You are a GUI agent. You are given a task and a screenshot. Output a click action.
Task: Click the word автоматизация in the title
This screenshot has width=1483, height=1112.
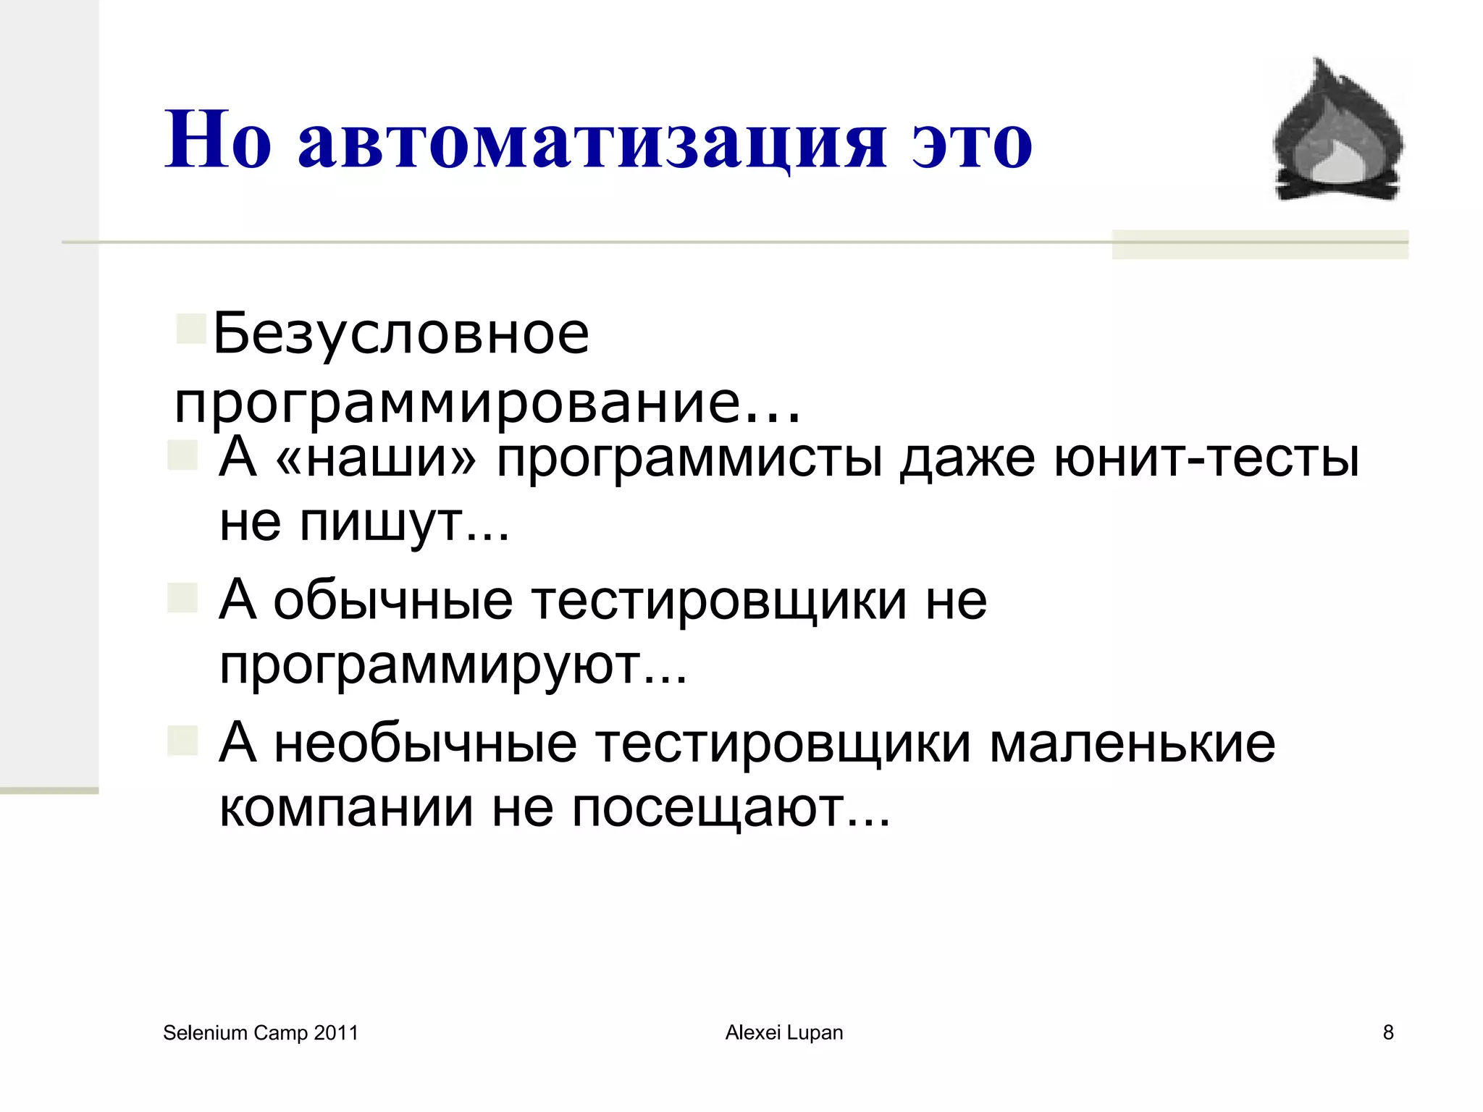pos(592,141)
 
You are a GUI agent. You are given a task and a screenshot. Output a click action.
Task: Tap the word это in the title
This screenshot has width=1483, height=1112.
pos(972,141)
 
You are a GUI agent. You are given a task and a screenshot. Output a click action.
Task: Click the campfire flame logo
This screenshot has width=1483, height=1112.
pos(1337,130)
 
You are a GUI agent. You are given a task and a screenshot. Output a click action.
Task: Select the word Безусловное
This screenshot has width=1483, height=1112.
pos(401,334)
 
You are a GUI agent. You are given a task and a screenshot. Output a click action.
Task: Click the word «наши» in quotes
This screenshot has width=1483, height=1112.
pos(377,458)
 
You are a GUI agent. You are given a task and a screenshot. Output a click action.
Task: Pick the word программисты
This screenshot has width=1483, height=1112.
pos(689,459)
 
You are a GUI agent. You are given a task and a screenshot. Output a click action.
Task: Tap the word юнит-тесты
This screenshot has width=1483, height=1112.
pos(1206,458)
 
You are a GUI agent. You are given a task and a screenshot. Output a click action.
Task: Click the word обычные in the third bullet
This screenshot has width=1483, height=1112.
pos(393,601)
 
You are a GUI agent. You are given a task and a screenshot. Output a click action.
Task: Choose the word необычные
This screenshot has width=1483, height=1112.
pos(426,744)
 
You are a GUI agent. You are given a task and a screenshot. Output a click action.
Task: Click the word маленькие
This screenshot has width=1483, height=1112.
pos(1132,744)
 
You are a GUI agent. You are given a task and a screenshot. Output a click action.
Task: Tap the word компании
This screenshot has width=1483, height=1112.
pos(346,808)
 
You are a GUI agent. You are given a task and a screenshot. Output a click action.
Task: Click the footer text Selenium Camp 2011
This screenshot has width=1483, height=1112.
pos(261,1033)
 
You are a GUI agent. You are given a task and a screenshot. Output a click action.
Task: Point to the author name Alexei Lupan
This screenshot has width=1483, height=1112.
pos(784,1033)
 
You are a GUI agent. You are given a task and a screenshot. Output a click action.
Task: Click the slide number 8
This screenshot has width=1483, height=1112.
pos(1388,1033)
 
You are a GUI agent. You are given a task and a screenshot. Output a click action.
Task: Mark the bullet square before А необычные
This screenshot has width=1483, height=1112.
pos(182,741)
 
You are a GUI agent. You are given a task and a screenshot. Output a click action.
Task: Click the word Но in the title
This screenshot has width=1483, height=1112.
pos(218,141)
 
